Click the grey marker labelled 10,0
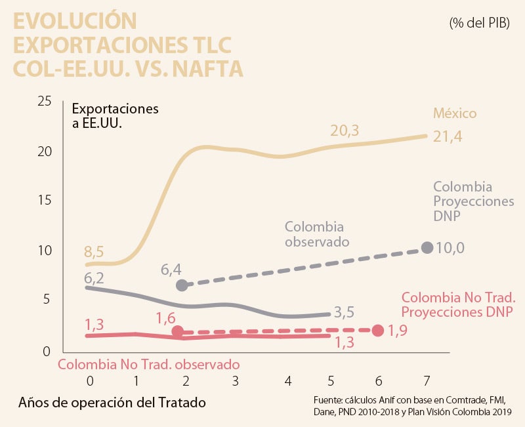[427, 247]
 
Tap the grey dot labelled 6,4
[182, 285]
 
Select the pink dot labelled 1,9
[378, 331]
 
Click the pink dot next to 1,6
[177, 331]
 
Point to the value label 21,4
[449, 136]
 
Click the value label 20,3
[345, 131]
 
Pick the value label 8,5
[94, 252]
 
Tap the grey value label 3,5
[346, 312]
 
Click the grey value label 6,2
[94, 277]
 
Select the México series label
[454, 113]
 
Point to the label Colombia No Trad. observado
[148, 363]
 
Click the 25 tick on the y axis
[44, 101]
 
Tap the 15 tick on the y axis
[44, 201]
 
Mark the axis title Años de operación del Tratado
[112, 402]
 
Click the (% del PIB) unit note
[479, 23]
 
